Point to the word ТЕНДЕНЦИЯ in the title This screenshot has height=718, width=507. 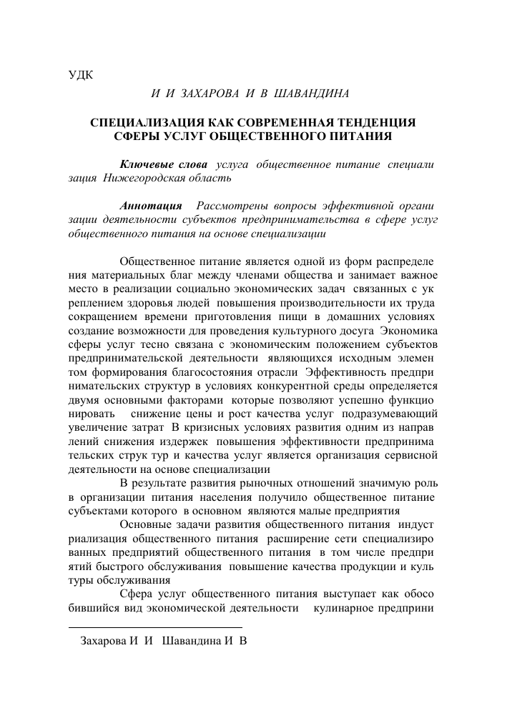click(x=374, y=123)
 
